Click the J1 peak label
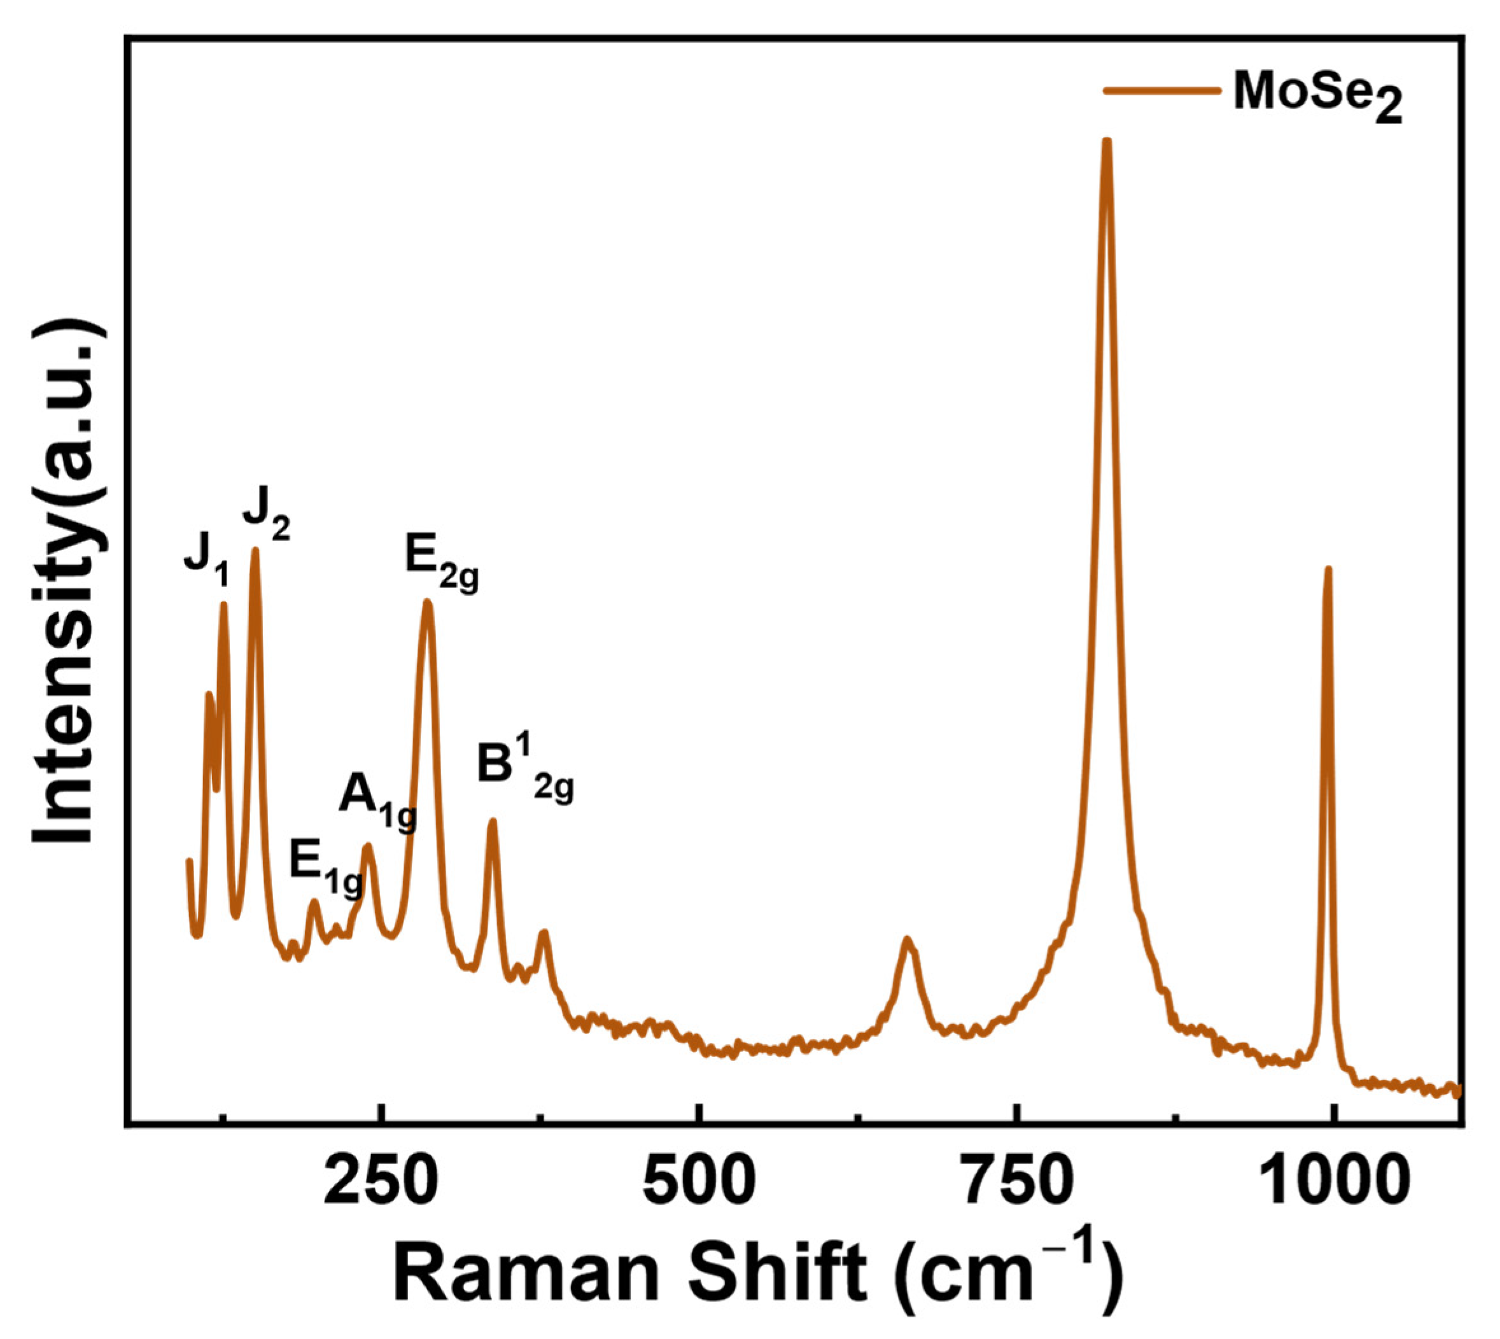click(x=206, y=570)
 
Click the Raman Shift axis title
click(x=758, y=1273)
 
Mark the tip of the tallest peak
click(x=1105, y=141)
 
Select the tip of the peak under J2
click(x=255, y=551)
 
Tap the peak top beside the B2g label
click(x=493, y=822)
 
